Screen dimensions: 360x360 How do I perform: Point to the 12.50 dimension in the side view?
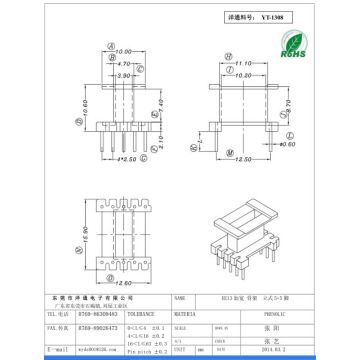coord(242,159)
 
